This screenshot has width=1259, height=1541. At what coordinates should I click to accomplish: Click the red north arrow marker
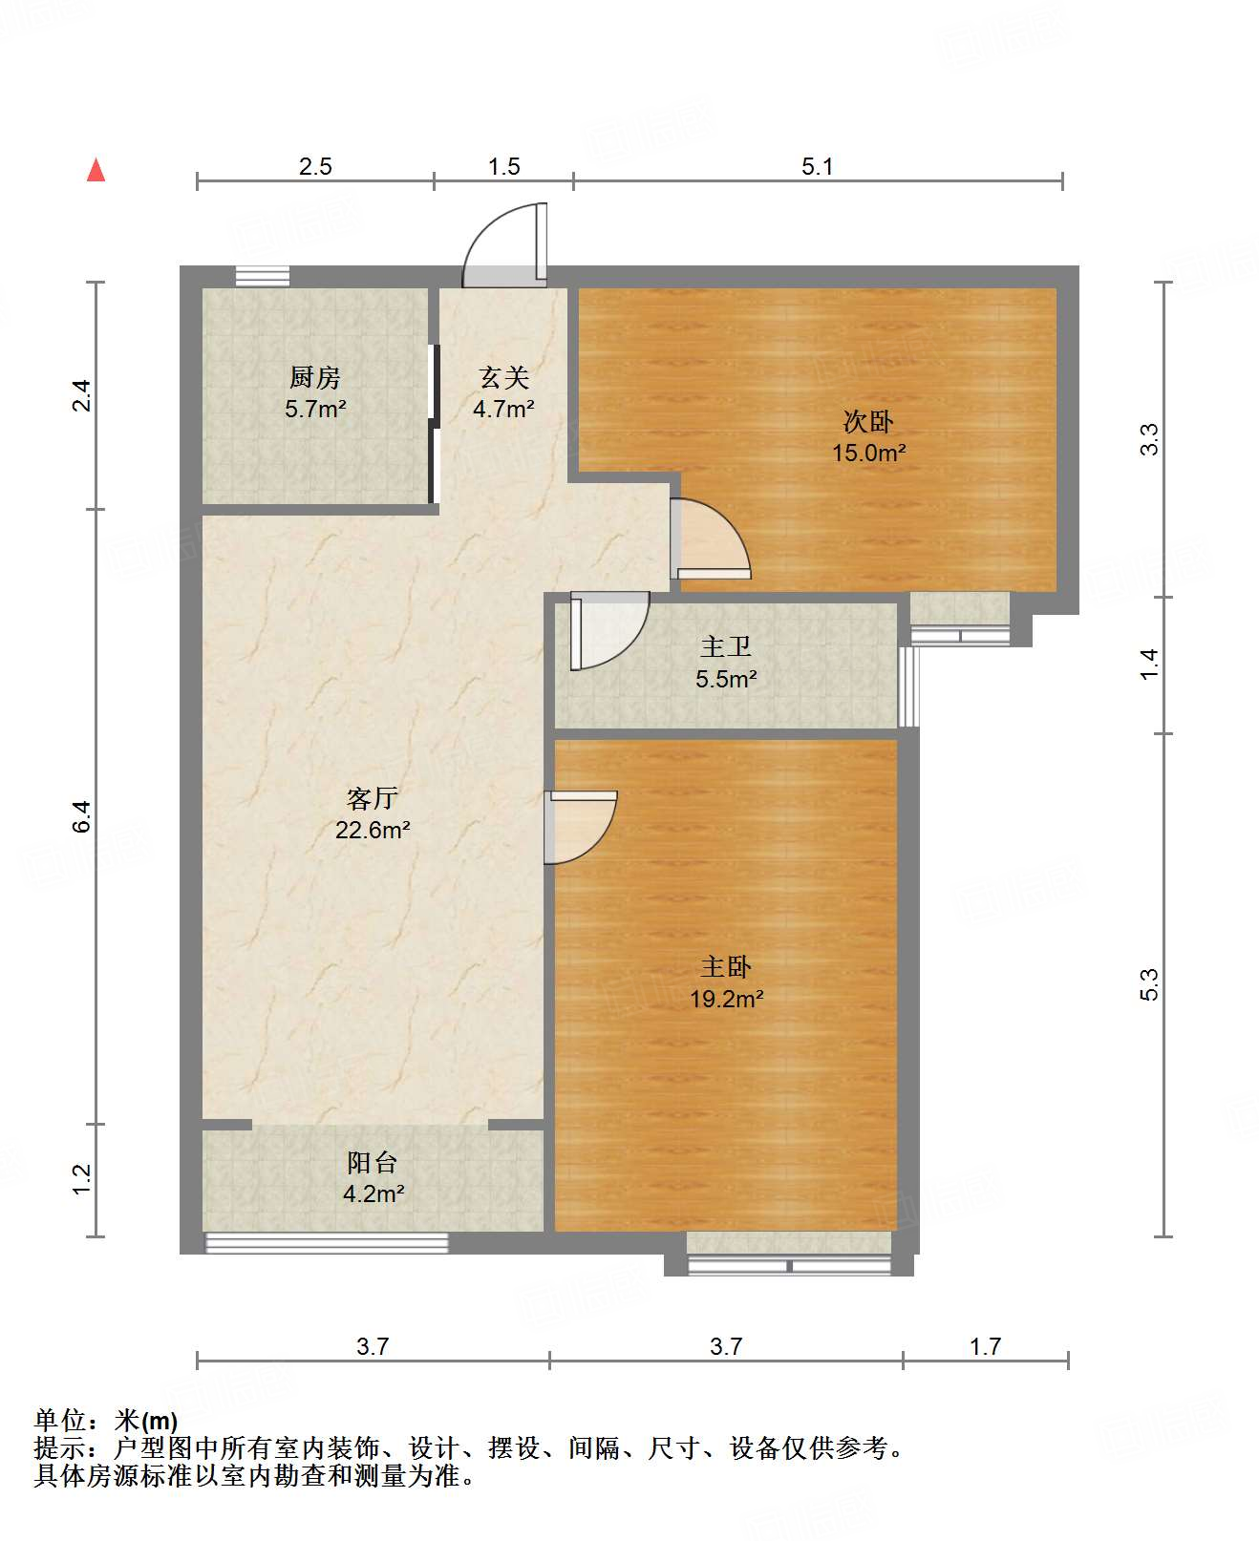96,170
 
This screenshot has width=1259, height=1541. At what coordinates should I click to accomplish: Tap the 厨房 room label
314,378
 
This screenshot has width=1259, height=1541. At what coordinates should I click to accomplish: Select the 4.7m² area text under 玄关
503,410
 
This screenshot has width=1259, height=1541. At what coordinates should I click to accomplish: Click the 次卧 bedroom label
868,421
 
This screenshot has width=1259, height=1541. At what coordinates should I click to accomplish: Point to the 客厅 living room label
372,798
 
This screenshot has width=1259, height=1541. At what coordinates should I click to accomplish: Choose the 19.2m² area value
726,1000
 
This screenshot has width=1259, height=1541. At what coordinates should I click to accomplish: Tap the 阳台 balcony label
372,1162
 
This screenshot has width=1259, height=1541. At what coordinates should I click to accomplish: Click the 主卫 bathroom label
725,646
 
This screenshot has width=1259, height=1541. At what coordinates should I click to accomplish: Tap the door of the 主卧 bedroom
579,826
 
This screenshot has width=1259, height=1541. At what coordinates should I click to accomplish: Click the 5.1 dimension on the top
817,166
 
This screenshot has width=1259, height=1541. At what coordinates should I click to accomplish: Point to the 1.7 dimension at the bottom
985,1346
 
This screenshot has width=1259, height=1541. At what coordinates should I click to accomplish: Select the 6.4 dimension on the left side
82,815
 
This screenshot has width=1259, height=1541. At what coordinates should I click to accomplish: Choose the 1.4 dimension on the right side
1149,664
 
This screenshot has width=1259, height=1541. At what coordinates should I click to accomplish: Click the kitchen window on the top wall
263,276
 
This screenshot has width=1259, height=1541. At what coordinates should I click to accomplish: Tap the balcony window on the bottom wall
327,1242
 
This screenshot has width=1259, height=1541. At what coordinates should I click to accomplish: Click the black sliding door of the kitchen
434,424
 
